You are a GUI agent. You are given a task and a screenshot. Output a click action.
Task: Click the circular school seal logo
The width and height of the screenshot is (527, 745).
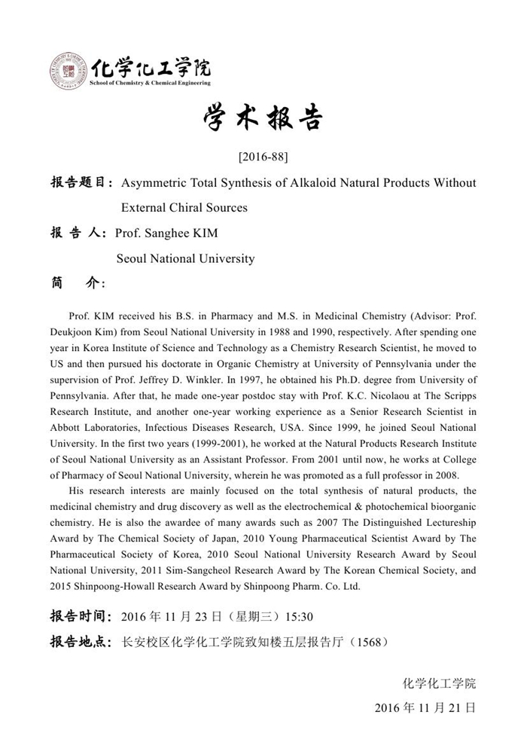click(x=68, y=72)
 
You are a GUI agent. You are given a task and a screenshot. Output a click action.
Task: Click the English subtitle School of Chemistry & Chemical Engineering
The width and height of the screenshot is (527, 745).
click(x=150, y=83)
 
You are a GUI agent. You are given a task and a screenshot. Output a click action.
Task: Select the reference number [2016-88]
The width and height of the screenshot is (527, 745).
click(x=263, y=157)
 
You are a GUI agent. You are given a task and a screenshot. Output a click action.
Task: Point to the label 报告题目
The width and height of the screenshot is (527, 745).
click(x=81, y=183)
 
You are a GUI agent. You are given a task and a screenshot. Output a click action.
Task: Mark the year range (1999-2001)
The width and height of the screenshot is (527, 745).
click(x=211, y=443)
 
